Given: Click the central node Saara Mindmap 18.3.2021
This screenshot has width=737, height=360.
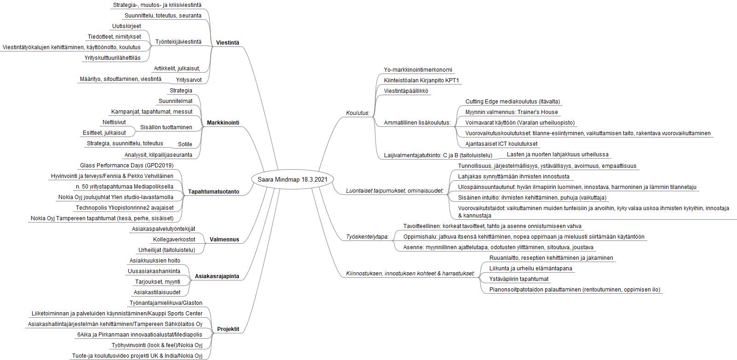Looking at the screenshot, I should click(292, 179).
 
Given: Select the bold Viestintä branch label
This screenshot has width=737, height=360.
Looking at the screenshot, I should click(227, 43).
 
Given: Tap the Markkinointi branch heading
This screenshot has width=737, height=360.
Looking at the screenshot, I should click(223, 122).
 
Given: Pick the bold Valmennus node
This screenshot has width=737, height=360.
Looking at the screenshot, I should click(224, 240).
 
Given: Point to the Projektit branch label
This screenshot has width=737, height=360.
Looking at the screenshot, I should click(228, 329).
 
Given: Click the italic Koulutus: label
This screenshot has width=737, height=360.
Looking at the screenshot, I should click(357, 113).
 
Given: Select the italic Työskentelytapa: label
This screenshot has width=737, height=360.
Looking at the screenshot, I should click(367, 237).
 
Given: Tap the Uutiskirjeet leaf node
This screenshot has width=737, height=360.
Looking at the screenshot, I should click(126, 26).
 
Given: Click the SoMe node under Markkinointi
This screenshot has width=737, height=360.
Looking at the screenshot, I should click(185, 144).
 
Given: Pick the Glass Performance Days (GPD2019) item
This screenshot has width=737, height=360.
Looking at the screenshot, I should click(127, 166).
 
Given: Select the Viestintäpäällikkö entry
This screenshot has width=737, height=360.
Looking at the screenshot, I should click(406, 91).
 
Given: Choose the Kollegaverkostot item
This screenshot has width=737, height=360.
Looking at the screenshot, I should click(174, 240).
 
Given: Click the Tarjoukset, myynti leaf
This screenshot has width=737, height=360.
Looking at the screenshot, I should click(157, 282).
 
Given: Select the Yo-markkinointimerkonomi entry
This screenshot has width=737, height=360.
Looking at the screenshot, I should click(418, 70).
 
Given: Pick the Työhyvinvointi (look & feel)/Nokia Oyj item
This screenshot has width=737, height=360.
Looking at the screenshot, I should click(157, 345).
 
